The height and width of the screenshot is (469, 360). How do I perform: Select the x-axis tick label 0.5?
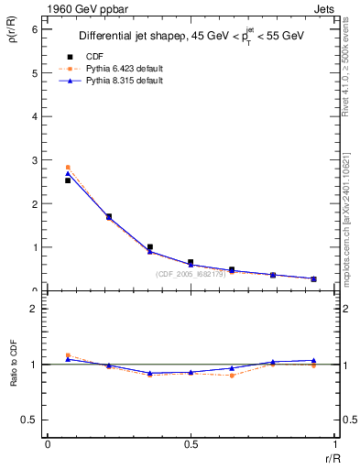coord(191,445)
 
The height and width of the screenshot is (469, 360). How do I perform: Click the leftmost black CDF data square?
coord(68,180)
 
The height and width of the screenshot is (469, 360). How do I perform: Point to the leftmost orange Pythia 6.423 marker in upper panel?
coord(68,168)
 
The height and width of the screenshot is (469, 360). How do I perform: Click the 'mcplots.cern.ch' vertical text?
coord(349,247)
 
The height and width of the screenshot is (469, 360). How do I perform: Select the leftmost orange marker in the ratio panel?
coord(68,354)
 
